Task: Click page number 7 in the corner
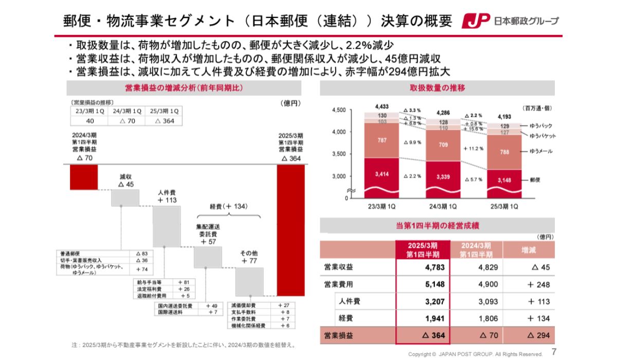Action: (554, 352)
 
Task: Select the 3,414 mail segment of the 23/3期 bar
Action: (382, 175)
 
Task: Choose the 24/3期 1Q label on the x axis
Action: (443, 207)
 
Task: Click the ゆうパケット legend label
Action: (550, 136)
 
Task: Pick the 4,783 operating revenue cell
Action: (434, 267)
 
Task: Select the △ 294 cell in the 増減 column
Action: (538, 335)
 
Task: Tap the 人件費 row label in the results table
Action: (350, 301)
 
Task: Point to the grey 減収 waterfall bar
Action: (125, 197)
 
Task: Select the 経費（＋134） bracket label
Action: (229, 206)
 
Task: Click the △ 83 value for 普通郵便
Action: (141, 254)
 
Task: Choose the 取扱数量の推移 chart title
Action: (437, 88)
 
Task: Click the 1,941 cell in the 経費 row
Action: (434, 318)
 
